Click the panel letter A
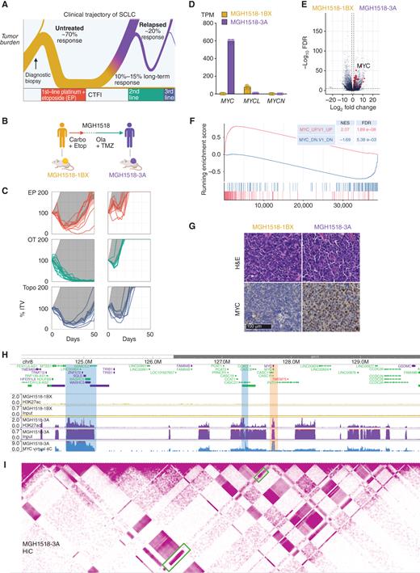(6, 6)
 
